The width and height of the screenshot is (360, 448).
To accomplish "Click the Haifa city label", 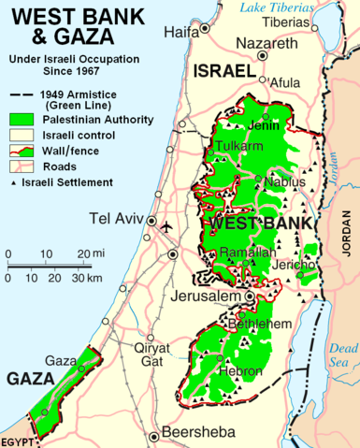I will click(x=180, y=31).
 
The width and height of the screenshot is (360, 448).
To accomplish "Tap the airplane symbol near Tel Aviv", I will click(x=167, y=227).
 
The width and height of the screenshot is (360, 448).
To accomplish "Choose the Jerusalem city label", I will click(x=207, y=296).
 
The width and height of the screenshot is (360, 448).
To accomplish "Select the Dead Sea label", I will click(x=343, y=354).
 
